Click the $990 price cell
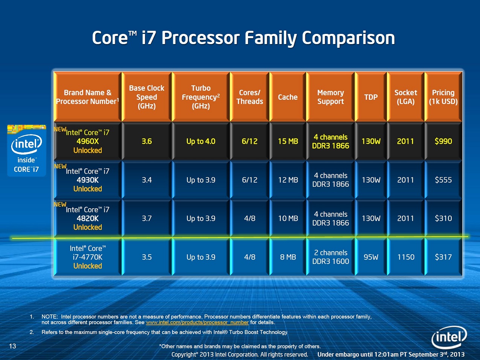point(443,141)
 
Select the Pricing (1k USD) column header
point(443,97)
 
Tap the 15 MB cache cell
point(288,141)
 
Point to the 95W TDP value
point(371,257)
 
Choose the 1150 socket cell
point(405,257)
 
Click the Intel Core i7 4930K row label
point(87,180)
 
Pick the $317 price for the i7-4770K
point(443,257)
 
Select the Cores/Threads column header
point(250,97)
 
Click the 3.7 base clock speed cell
point(146,218)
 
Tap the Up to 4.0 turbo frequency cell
point(201,141)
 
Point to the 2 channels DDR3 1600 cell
point(331,257)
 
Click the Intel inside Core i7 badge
point(27,151)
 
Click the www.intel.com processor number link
point(197,322)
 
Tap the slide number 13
point(12,346)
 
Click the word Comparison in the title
point(348,38)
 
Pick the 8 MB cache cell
point(288,257)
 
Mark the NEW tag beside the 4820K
point(60,204)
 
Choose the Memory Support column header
point(331,97)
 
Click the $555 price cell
point(443,180)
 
